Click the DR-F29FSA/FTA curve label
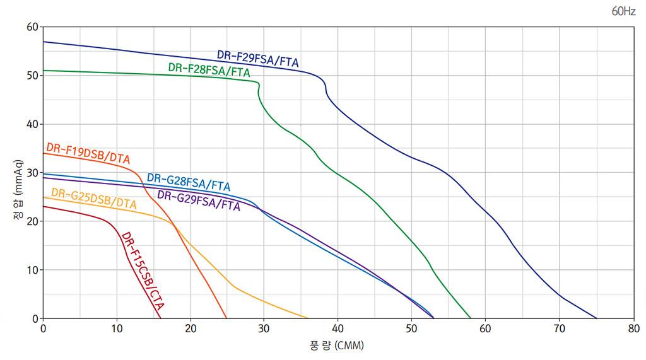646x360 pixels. pos(257,58)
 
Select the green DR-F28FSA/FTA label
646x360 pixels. pos(209,70)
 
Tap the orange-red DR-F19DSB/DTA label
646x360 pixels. pos(88,153)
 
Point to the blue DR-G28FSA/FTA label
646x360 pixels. pos(189,182)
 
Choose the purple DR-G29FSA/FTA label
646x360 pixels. pos(199,200)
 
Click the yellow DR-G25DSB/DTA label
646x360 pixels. pos(94,198)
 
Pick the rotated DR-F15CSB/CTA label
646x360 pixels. pos(143,271)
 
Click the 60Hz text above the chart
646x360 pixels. pos(623,12)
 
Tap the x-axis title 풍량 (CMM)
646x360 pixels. pos(337,345)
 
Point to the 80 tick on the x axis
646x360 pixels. pos(633,328)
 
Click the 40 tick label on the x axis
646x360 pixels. pos(338,328)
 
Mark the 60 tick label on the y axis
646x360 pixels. pos(32,27)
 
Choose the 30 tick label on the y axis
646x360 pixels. pos(32,173)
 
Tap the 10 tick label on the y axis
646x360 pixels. pos(32,270)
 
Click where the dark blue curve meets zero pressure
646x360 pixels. pos(596,318)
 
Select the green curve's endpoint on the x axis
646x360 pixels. pos(471,318)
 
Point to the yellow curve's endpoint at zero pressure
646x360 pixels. pos(308,318)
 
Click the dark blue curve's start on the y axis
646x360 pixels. pos(44,42)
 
